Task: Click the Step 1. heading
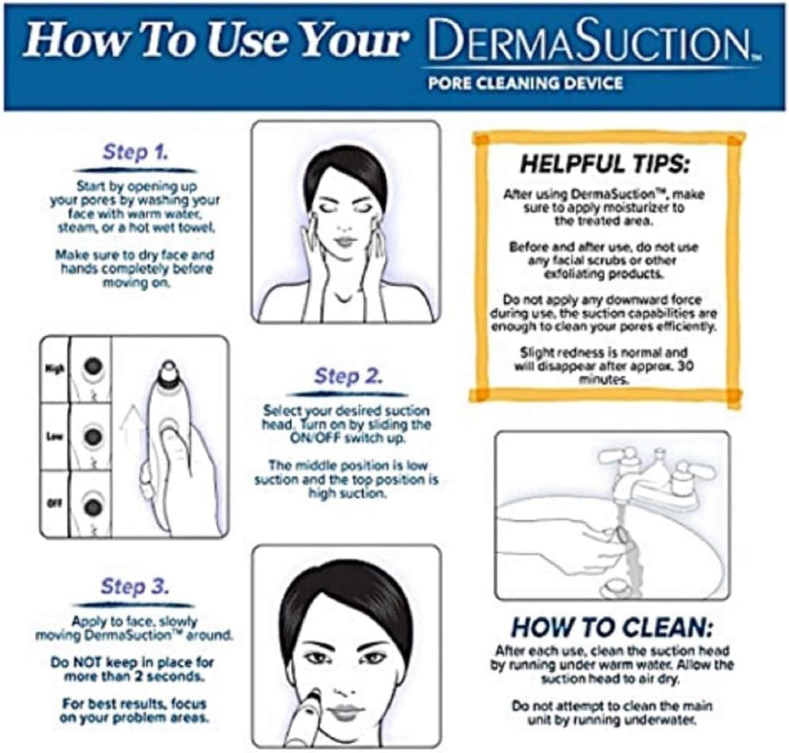coord(135,151)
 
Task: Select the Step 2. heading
coord(348,377)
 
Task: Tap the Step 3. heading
coord(135,586)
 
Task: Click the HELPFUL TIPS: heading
coord(605,164)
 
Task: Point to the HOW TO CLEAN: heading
coord(612,628)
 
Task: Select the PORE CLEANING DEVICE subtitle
coord(525,83)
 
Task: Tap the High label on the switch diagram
coord(52,369)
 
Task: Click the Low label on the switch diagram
coord(52,436)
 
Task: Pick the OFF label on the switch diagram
coord(52,503)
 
